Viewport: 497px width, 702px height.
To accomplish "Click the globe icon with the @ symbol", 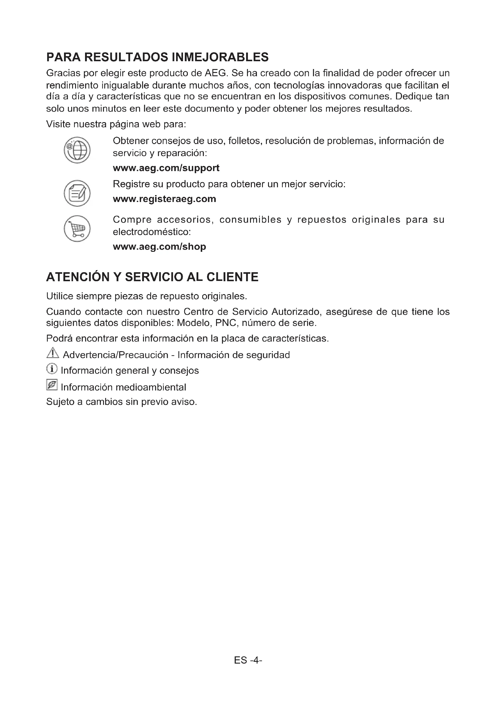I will click(x=77, y=150).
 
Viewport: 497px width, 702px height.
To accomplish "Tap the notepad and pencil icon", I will click(x=77, y=193).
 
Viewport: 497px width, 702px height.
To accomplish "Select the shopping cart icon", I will click(x=77, y=229).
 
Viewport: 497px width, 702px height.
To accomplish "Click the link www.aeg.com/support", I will click(x=166, y=168).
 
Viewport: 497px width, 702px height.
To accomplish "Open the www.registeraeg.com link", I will click(x=164, y=199).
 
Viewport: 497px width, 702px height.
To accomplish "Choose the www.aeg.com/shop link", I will click(x=159, y=246).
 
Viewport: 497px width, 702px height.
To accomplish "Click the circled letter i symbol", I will click(x=52, y=369).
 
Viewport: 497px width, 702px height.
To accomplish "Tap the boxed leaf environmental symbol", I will click(x=52, y=385).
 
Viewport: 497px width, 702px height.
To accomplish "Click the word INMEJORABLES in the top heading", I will click(x=220, y=57).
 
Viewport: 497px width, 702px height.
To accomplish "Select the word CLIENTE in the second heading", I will click(x=232, y=277).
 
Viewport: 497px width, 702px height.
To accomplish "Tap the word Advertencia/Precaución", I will click(x=115, y=355).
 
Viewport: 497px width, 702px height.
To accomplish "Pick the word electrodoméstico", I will click(x=151, y=232).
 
